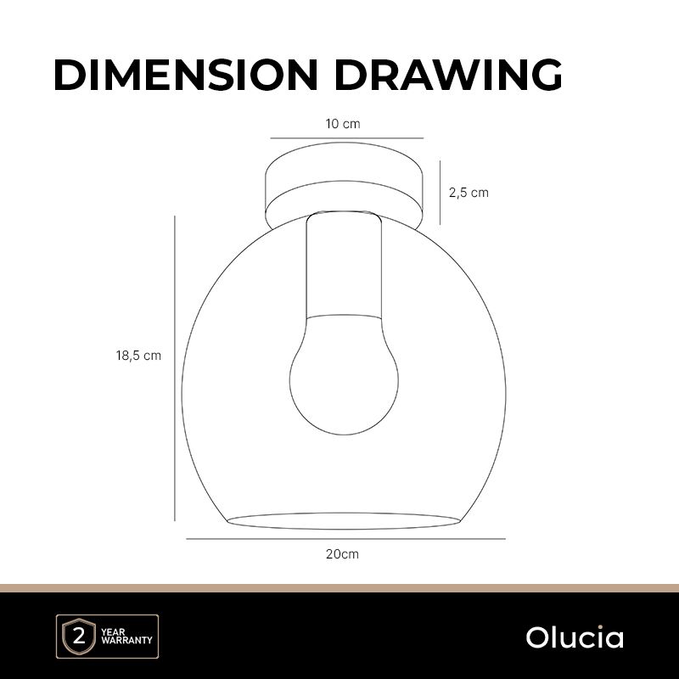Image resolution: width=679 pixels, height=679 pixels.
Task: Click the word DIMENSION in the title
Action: (x=186, y=75)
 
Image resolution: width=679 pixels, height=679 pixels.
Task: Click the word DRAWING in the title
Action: (x=448, y=75)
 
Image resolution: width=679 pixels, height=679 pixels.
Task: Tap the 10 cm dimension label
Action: (x=343, y=124)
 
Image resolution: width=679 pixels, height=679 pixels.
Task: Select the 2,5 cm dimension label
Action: (x=469, y=193)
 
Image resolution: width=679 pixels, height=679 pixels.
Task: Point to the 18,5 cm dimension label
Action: (x=138, y=356)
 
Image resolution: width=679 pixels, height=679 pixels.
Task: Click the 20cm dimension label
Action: (x=342, y=554)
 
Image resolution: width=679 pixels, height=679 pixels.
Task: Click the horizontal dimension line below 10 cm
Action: (x=347, y=138)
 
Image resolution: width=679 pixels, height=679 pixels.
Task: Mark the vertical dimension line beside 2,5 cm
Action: (x=440, y=193)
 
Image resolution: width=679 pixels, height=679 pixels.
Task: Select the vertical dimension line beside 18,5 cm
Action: (x=175, y=368)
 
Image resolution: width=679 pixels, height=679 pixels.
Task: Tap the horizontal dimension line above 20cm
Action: (x=345, y=539)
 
